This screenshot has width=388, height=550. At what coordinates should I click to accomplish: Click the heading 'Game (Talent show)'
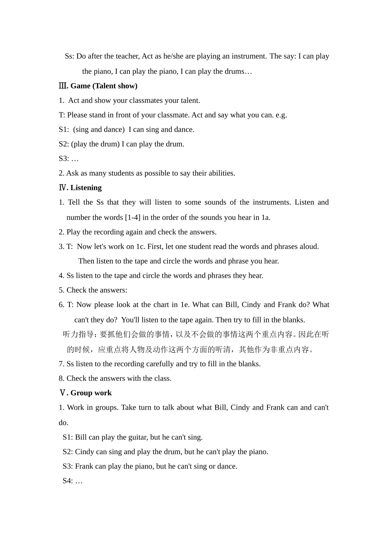pyautogui.click(x=104, y=86)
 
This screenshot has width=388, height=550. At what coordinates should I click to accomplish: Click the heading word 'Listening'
pyautogui.click(x=86, y=188)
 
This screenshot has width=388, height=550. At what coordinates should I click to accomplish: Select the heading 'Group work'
pyautogui.click(x=91, y=393)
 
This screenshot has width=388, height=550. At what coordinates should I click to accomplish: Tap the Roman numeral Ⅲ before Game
pyautogui.click(x=63, y=86)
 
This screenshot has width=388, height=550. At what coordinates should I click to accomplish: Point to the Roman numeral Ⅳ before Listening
pyautogui.click(x=63, y=188)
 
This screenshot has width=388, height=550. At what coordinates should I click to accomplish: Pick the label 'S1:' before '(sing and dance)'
pyautogui.click(x=64, y=130)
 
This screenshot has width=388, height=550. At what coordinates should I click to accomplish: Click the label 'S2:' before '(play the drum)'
pyautogui.click(x=64, y=144)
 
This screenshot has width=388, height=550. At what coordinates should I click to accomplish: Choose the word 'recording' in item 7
pyautogui.click(x=118, y=364)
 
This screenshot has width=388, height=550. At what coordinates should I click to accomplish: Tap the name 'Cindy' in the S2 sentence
pyautogui.click(x=85, y=452)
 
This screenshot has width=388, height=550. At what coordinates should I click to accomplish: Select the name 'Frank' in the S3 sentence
pyautogui.click(x=84, y=466)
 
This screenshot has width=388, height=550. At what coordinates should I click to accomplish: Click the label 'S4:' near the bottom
pyautogui.click(x=68, y=481)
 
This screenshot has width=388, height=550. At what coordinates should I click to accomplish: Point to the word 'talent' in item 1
pyautogui.click(x=189, y=101)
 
